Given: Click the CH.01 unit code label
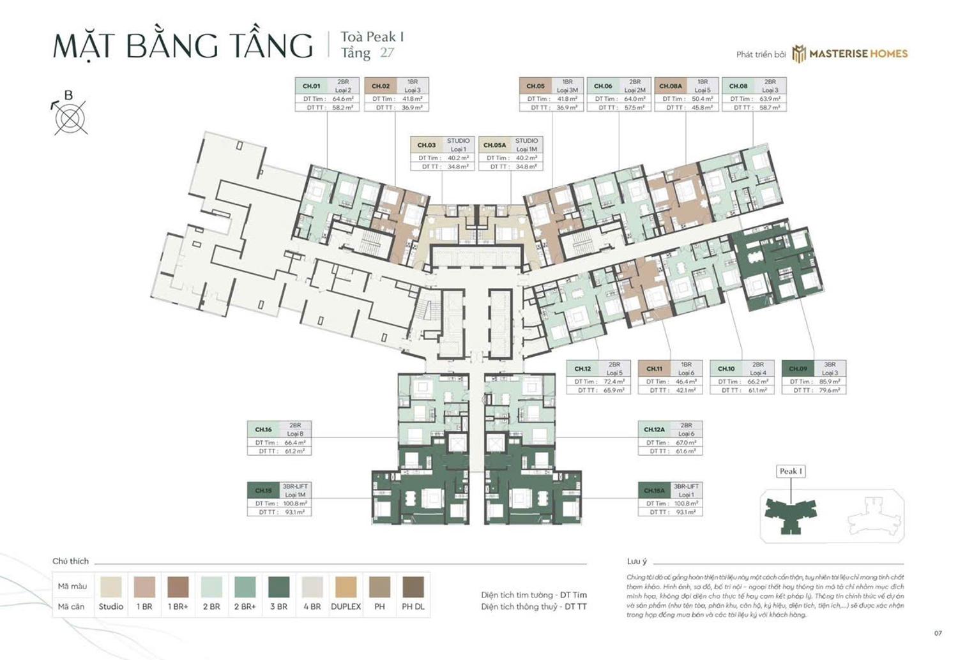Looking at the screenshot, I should click(312, 86).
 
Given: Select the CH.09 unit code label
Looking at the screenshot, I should click(798, 369).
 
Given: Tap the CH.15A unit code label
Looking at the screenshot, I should click(654, 491).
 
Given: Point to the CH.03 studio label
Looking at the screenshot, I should click(427, 145).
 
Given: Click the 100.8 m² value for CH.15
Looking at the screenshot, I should click(294, 504).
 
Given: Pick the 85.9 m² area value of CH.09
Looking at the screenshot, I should click(829, 382).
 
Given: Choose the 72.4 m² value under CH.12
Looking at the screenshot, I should click(614, 382).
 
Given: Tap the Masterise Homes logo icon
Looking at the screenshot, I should click(799, 54).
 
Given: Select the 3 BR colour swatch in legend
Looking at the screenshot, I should click(278, 587).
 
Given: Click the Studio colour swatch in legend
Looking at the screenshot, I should click(111, 587).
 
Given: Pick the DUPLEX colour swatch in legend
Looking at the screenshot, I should click(346, 587).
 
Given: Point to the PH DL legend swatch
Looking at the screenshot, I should click(413, 587).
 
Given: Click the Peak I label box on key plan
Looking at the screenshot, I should click(791, 471).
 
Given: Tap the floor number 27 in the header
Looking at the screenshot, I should click(387, 53).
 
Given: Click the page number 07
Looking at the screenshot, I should click(938, 633).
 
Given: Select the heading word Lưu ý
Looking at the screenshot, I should click(637, 562).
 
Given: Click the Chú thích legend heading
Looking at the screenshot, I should click(70, 562).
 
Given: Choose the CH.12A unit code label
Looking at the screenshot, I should click(654, 430).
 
